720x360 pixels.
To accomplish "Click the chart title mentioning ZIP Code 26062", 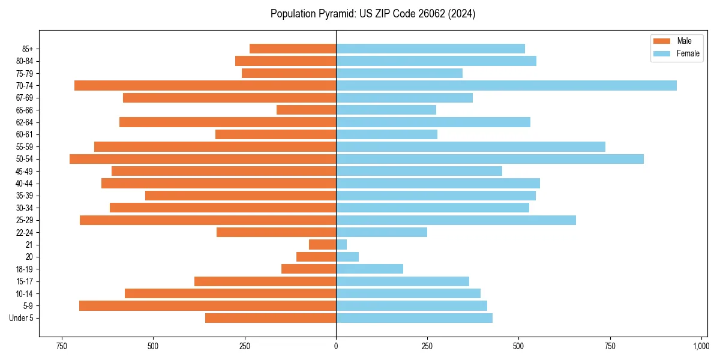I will click(373, 14).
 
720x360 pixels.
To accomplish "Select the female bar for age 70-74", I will click(506, 86).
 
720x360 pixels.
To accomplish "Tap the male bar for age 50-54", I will click(203, 159).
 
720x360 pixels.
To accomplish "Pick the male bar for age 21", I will click(322, 245).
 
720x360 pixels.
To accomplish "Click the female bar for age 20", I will click(347, 257).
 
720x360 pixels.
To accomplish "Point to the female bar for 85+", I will click(430, 49).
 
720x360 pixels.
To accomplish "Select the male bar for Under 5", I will click(271, 318).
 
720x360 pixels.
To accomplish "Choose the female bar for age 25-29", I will click(456, 220).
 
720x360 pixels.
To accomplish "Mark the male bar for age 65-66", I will click(306, 110).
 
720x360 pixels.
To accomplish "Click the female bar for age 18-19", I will click(370, 269).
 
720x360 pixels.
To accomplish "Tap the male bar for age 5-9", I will click(208, 306).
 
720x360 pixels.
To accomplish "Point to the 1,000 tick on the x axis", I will click(701, 347).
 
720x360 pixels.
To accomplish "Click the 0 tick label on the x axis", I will click(336, 347).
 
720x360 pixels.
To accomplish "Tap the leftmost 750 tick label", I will click(61, 347).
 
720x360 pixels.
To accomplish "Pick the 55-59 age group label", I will click(25, 147).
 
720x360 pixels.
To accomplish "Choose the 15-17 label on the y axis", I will click(25, 281).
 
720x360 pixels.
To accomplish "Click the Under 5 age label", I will click(21, 318).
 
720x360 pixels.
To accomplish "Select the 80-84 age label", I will click(25, 61).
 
